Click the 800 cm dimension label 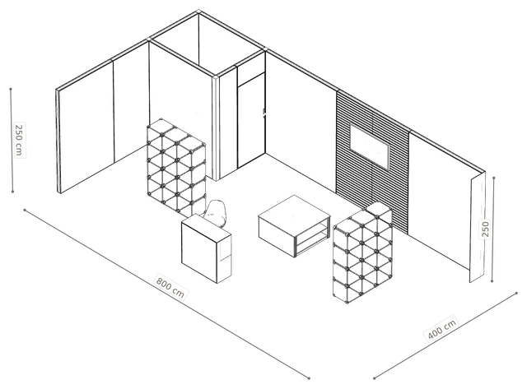click(x=170, y=287)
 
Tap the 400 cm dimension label click(x=441, y=329)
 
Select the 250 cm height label click(x=19, y=140)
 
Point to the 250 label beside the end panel click(x=485, y=229)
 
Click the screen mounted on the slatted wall click(x=370, y=146)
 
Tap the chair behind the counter click(x=215, y=213)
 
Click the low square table click(x=295, y=225)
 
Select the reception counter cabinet click(x=206, y=248)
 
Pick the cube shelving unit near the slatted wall click(x=362, y=252)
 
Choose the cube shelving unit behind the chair click(x=176, y=167)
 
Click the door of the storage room click(x=251, y=121)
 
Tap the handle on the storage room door click(x=263, y=113)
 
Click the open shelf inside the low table click(x=311, y=237)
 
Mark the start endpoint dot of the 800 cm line click(x=25, y=210)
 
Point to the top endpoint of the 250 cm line click(x=11, y=90)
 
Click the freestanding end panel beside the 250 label click(x=478, y=228)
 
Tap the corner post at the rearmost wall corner click(x=198, y=12)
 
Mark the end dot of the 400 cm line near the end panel click(x=516, y=293)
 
